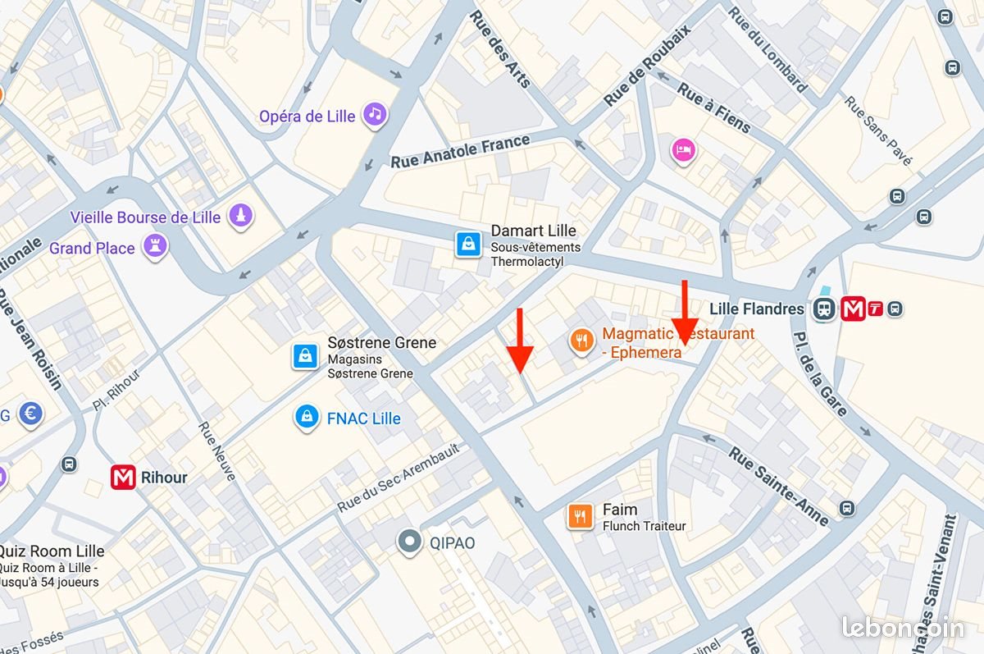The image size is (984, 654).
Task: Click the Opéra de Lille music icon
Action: tap(375, 114)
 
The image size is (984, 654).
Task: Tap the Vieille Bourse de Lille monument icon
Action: tap(240, 216)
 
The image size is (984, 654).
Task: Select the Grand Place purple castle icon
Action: tap(153, 245)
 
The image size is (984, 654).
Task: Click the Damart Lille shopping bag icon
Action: tap(467, 244)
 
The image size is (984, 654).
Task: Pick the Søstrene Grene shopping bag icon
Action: tap(305, 356)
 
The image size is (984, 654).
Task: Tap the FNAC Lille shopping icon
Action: tap(306, 417)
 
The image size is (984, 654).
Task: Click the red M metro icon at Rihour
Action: tap(123, 477)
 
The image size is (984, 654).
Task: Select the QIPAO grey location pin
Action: tap(408, 542)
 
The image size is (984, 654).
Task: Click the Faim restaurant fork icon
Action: tap(580, 515)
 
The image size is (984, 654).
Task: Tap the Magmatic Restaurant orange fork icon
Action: tap(581, 341)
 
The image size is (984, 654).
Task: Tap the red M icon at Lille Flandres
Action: tap(853, 309)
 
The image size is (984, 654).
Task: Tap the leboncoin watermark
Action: tap(903, 627)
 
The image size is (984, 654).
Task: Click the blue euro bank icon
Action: tap(30, 414)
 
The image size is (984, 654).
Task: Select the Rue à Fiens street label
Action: tap(713, 107)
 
